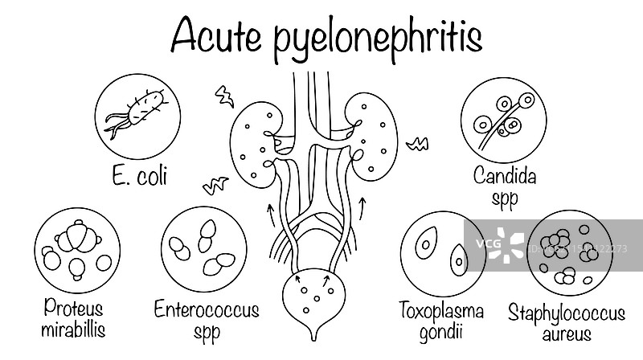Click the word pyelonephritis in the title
coord(378,39)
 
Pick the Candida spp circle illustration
coord(505,120)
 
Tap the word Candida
coord(505,176)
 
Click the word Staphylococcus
coord(571,311)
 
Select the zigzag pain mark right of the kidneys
coord(417,145)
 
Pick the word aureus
coord(571,333)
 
